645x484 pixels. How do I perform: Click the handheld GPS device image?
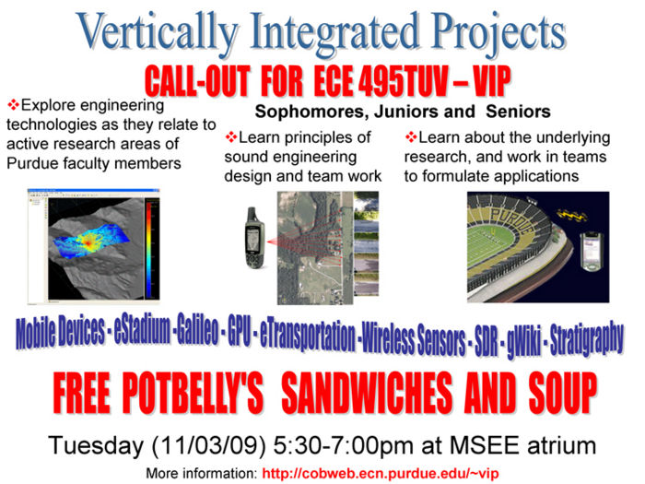click(x=254, y=238)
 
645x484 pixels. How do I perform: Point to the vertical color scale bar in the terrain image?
click(x=152, y=248)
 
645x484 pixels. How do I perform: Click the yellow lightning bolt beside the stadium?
click(x=572, y=215)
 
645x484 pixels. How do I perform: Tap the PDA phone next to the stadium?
click(x=592, y=252)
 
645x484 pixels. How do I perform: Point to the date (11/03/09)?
click(x=208, y=446)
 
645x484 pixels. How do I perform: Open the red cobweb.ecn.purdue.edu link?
click(x=381, y=473)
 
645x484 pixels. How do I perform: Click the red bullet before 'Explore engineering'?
click(x=13, y=105)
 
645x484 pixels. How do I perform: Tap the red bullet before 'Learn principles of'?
click(x=231, y=137)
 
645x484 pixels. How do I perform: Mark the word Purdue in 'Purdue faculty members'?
click(x=32, y=163)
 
